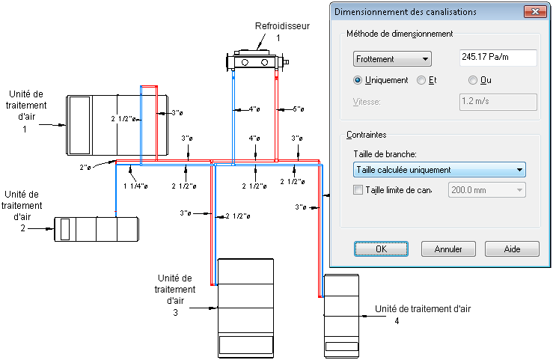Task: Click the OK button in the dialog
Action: tap(381, 248)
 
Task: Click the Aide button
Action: tap(512, 248)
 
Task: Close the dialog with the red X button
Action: tap(534, 11)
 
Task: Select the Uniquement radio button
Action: tap(358, 80)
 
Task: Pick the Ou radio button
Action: tap(473, 80)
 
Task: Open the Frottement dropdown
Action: tap(392, 58)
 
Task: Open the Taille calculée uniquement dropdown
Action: tap(439, 170)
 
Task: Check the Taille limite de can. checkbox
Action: tap(357, 190)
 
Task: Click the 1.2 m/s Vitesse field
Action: tap(497, 102)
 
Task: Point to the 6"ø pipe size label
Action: tap(298, 109)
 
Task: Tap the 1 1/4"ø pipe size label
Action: tap(135, 186)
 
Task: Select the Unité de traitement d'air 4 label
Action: tap(423, 308)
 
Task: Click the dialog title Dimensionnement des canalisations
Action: tap(405, 11)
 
